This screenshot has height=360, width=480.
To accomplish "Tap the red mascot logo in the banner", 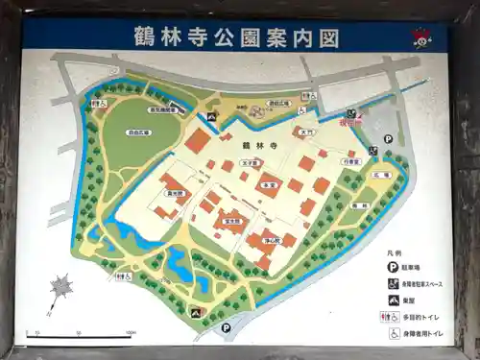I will point(420,37).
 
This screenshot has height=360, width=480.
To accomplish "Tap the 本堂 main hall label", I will point(270,184).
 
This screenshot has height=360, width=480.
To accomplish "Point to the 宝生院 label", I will point(230,220).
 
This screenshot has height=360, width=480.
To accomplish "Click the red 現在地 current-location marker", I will point(350,123).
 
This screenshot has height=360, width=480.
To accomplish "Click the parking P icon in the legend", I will point(394,267).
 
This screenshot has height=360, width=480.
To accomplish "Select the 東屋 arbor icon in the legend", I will point(394,300).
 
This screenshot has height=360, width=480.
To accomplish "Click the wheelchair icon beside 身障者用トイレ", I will point(394,332).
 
